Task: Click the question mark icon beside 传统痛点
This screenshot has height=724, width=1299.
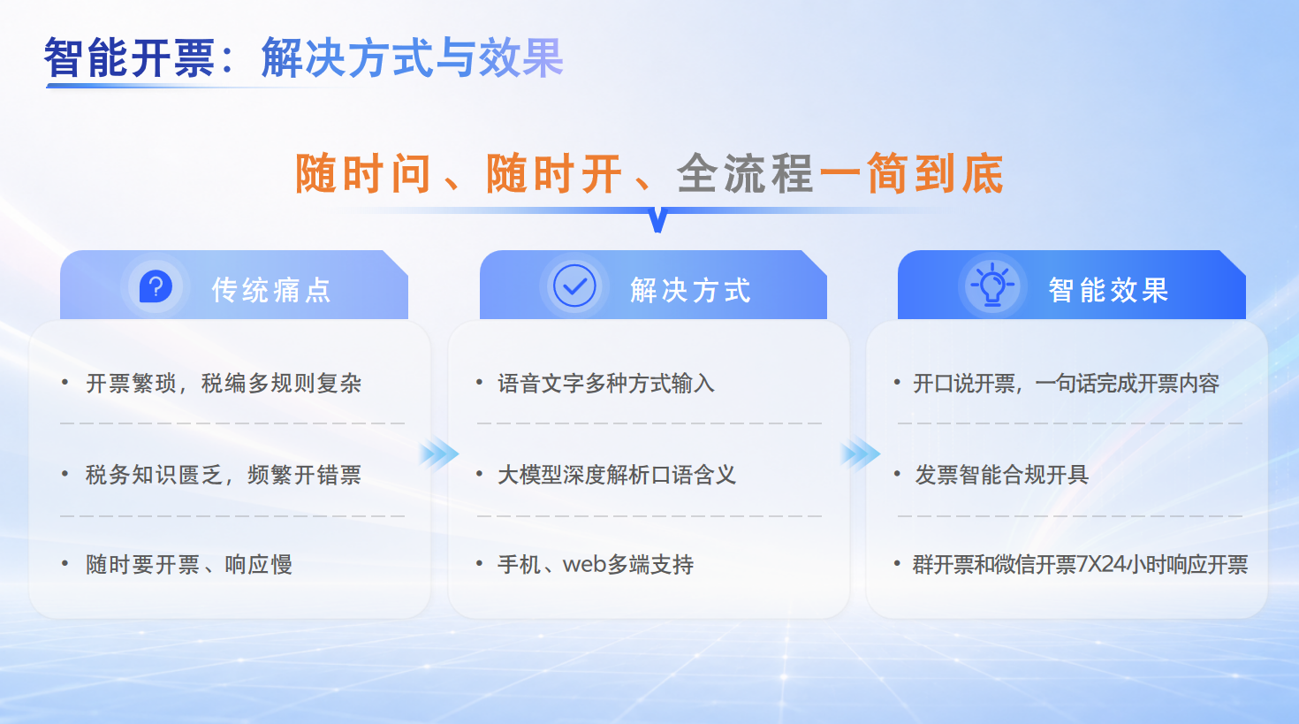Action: pyautogui.click(x=156, y=286)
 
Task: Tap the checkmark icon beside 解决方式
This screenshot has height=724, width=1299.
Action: pyautogui.click(x=574, y=286)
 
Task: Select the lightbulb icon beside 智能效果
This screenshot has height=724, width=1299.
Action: pyautogui.click(x=992, y=285)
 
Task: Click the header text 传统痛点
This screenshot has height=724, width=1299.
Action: pyautogui.click(x=271, y=290)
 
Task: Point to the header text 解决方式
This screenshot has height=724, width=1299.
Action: pyautogui.click(x=691, y=290)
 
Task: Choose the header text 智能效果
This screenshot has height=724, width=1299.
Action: pyautogui.click(x=1108, y=290)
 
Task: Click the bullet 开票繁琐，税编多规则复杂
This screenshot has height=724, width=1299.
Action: pyautogui.click(x=224, y=384)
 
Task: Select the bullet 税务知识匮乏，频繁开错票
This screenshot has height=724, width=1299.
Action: pyautogui.click(x=224, y=475)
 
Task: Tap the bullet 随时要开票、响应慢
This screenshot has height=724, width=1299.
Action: pyautogui.click(x=189, y=565)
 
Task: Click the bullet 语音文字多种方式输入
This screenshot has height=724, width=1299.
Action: pyautogui.click(x=606, y=384)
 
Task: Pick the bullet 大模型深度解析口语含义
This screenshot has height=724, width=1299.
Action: pyautogui.click(x=617, y=475)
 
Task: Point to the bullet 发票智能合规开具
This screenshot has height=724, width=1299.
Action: pyautogui.click(x=1001, y=475)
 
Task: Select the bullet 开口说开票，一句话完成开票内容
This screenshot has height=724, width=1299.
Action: pyautogui.click(x=1067, y=384)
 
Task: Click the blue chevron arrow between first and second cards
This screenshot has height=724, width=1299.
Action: pyautogui.click(x=439, y=453)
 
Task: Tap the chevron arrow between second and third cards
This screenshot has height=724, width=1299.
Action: pyautogui.click(x=861, y=453)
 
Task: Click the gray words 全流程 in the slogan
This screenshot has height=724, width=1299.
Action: pyautogui.click(x=745, y=173)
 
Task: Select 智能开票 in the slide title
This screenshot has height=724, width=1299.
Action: pyautogui.click(x=130, y=57)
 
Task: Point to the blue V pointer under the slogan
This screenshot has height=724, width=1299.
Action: pyautogui.click(x=657, y=220)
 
